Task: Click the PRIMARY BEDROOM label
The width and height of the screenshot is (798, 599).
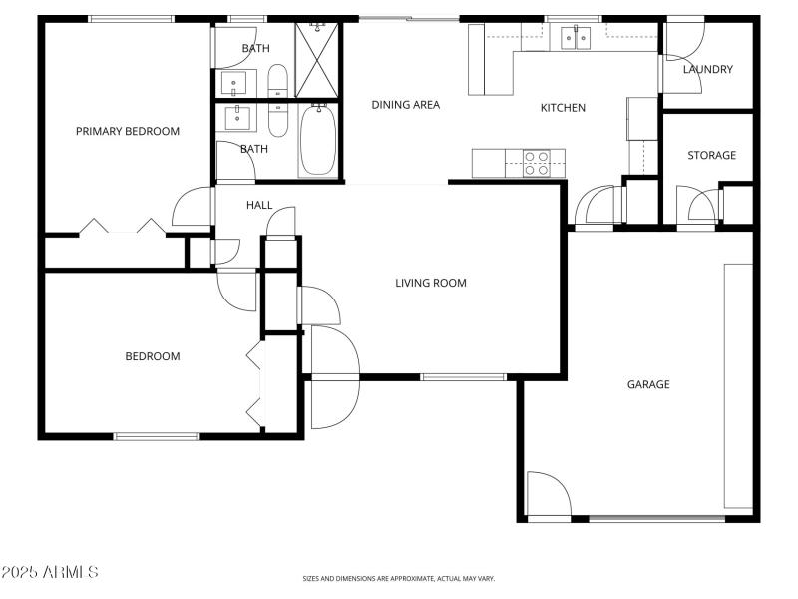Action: tap(128, 131)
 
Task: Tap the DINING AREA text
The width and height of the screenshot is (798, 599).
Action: tap(405, 104)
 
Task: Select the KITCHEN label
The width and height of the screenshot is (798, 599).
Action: tap(563, 108)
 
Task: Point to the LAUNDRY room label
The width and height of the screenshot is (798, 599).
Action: tap(708, 69)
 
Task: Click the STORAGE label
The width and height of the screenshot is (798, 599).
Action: tap(711, 155)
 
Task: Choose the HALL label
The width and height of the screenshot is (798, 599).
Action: tap(259, 205)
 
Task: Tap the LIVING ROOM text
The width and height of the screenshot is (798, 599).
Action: tap(431, 283)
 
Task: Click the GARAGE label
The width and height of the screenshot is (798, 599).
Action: tap(648, 384)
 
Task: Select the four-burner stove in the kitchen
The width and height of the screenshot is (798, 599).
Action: tap(537, 163)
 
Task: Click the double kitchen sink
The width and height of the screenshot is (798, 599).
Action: tap(576, 38)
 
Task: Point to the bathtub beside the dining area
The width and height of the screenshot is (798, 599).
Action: tap(318, 139)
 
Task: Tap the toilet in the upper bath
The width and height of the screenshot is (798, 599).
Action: tap(278, 81)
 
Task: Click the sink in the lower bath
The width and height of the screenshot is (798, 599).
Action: tap(239, 118)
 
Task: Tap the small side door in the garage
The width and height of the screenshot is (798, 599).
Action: tap(548, 496)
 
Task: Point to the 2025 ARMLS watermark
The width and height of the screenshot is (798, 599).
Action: tap(50, 573)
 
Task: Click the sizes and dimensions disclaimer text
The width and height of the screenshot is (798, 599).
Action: tap(399, 578)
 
